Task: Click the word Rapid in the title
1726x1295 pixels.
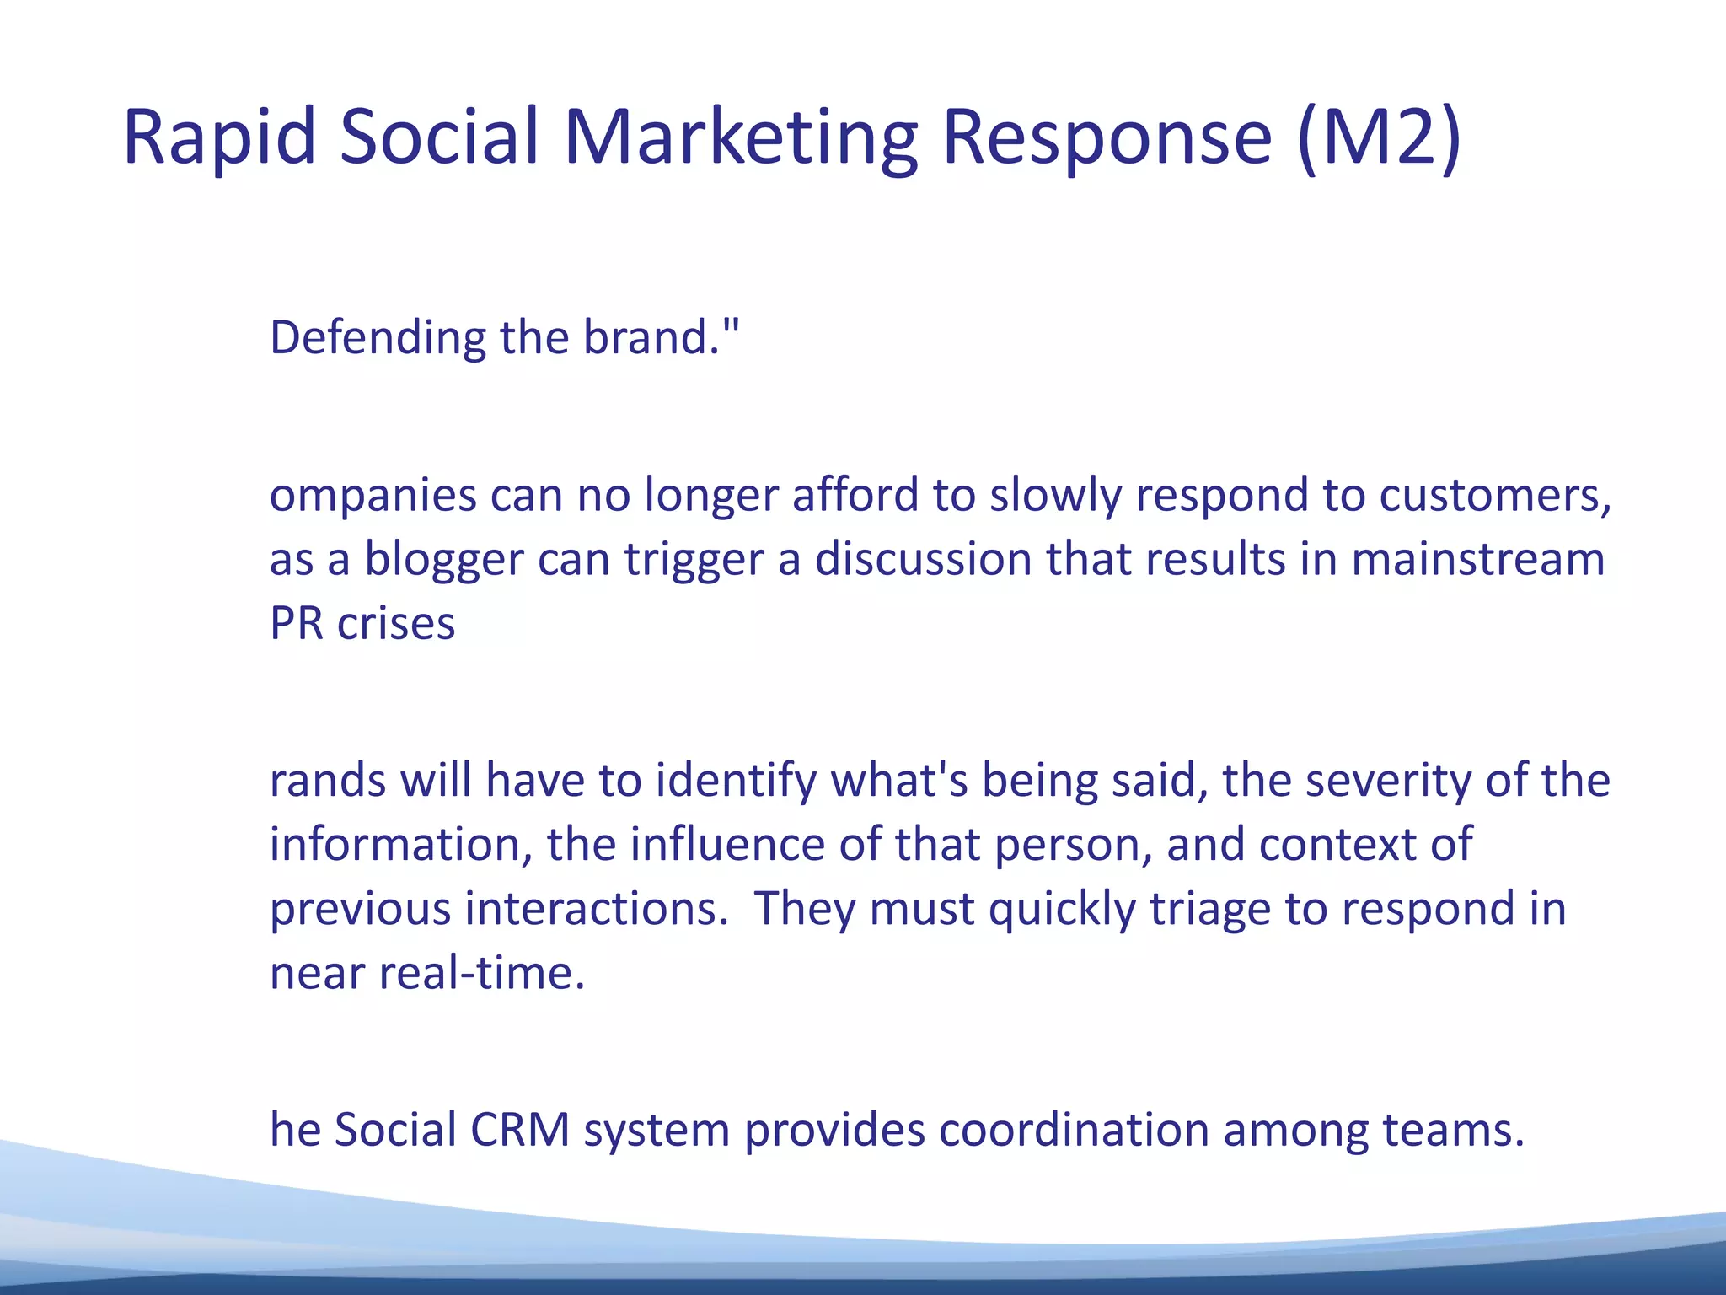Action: [x=219, y=137]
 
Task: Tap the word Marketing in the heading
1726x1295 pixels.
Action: [x=740, y=137]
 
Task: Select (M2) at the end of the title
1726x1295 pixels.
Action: [x=1379, y=137]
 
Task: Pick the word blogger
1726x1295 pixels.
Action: [x=444, y=560]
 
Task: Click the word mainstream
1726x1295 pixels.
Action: [x=1477, y=559]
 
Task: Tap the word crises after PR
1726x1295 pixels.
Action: [x=396, y=624]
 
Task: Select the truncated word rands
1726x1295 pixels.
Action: [x=328, y=780]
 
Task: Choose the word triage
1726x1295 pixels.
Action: [x=1210, y=909]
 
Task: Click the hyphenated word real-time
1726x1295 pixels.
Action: [x=482, y=973]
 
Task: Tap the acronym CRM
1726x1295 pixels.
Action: [x=520, y=1130]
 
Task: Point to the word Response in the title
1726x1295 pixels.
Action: [x=1107, y=137]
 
